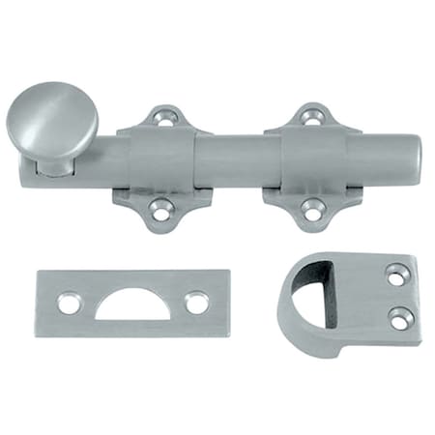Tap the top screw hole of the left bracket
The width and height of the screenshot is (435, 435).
(x=163, y=118)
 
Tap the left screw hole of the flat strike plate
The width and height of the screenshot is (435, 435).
(x=69, y=304)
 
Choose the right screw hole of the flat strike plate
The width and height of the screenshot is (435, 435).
(x=196, y=303)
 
